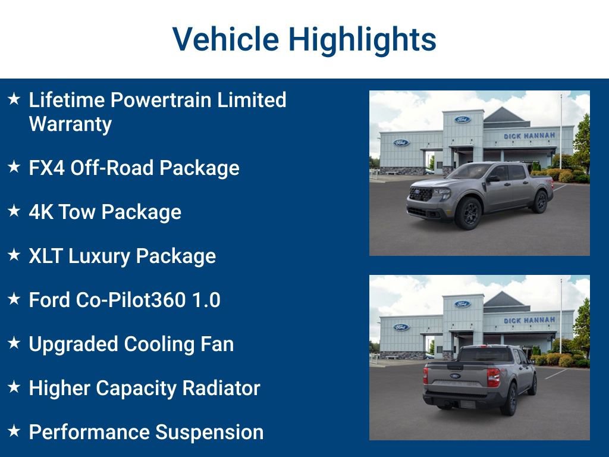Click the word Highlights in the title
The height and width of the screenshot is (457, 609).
pos(363,40)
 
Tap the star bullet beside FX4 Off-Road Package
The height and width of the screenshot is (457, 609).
pos(14,167)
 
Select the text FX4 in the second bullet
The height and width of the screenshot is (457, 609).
pos(46,168)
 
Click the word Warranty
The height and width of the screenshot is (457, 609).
pos(70,124)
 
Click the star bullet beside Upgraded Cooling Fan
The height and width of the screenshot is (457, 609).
pos(14,343)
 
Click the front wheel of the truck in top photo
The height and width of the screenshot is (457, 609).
pos(469,213)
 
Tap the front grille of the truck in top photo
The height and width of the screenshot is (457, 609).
pos(421,194)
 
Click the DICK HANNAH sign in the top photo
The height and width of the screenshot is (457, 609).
pos(529,136)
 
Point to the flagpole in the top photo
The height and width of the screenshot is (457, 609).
pos(560,131)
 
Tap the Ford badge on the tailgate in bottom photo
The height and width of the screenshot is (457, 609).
pos(455,376)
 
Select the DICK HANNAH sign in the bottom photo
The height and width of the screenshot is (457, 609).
pos(529,320)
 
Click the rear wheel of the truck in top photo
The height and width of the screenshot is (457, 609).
pos(540,202)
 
